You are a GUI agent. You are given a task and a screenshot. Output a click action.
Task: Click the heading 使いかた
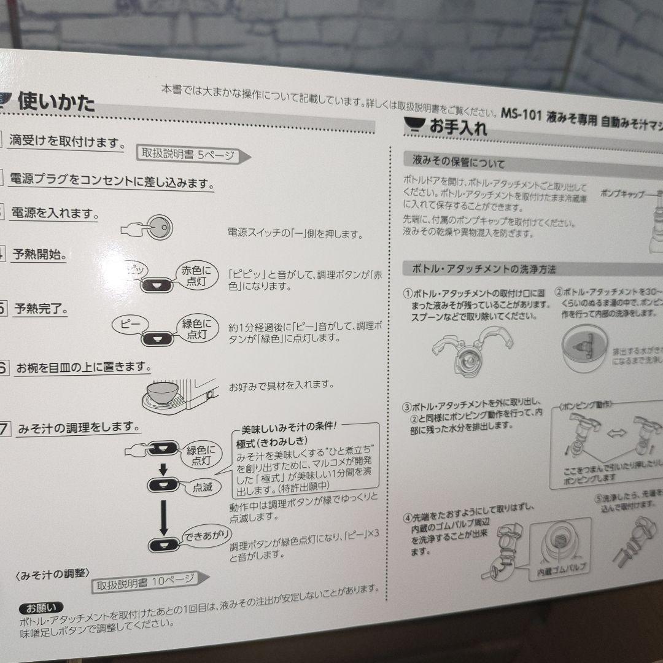coord(56,101)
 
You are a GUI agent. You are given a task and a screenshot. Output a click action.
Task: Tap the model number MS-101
coord(521,114)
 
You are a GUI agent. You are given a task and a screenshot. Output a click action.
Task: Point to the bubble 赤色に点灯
coord(196,276)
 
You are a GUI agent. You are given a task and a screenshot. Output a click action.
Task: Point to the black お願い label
coord(41,609)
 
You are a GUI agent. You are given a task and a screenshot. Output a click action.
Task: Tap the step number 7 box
coord(4,428)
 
